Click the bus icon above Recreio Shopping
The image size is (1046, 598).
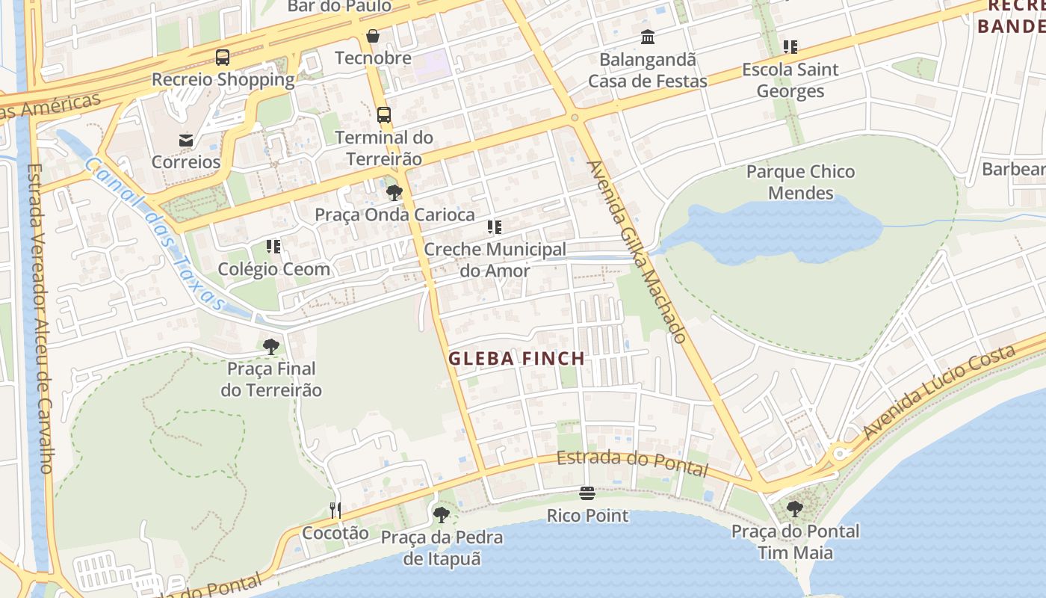click(222, 57)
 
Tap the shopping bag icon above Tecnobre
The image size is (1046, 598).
click(372, 36)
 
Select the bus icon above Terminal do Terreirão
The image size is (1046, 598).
click(383, 115)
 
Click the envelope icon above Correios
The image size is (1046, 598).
click(185, 140)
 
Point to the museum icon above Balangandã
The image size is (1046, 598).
click(647, 37)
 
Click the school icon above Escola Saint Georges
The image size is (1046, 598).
click(790, 47)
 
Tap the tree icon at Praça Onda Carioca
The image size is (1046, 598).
click(394, 193)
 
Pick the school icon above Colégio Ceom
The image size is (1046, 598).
click(273, 246)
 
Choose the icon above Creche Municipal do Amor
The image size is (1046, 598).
click(494, 226)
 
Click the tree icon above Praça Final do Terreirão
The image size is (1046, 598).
click(270, 346)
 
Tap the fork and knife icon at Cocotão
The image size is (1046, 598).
click(335, 511)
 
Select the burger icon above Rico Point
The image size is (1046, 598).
click(587, 493)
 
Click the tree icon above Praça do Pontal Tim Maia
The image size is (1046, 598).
click(795, 509)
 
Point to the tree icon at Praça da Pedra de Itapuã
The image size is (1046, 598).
click(442, 514)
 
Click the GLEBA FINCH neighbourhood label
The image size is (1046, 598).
click(516, 359)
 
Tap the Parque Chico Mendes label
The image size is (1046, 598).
click(800, 182)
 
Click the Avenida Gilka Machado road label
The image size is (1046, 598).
click(637, 251)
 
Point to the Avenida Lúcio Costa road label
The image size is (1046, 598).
click(939, 392)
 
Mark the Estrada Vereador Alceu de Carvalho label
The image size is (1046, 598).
click(38, 318)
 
